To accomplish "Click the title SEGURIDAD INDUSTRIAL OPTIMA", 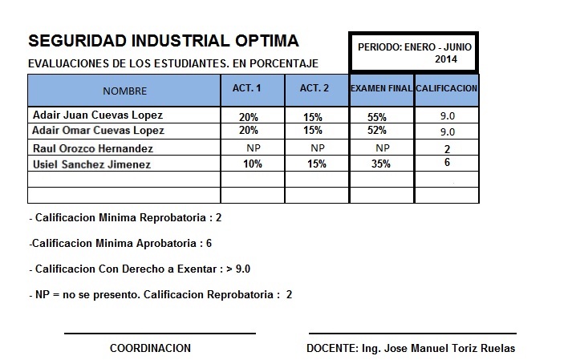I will click(x=163, y=41).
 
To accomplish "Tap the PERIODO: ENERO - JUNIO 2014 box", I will click(x=414, y=53).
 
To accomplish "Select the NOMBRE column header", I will click(x=124, y=91).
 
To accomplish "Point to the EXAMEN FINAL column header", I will click(x=381, y=88).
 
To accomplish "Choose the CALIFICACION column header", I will click(x=447, y=88).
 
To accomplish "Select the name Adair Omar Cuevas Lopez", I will click(x=98, y=130).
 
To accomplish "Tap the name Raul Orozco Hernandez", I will click(x=93, y=148).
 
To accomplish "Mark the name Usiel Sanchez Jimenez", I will click(x=91, y=164).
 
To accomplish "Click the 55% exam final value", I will click(x=377, y=117).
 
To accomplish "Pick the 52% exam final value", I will click(x=377, y=131).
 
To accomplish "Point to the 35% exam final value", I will click(x=380, y=164).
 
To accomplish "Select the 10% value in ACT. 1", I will click(x=253, y=164).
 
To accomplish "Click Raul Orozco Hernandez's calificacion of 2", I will click(x=447, y=149).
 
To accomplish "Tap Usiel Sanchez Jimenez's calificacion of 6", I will click(x=447, y=163).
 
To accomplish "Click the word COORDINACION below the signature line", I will click(x=150, y=348).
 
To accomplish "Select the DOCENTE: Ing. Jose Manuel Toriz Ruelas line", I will click(x=411, y=348).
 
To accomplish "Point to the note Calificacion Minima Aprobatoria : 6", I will click(x=120, y=243).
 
